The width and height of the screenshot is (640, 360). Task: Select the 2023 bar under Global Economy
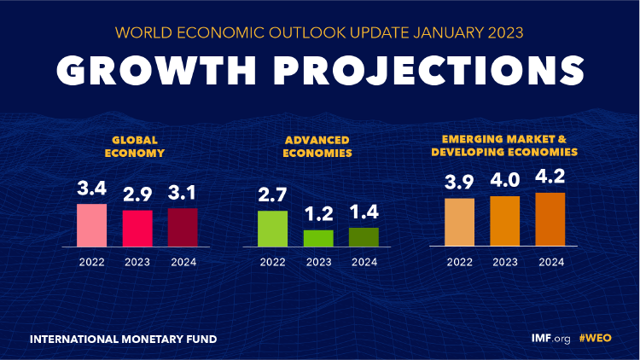pyautogui.click(x=137, y=228)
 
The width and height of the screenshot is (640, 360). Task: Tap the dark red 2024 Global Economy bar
pyautogui.click(x=182, y=227)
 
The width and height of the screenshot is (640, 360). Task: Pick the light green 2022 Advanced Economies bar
pyautogui.click(x=273, y=229)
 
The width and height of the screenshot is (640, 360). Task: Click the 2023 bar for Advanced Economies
pyautogui.click(x=318, y=238)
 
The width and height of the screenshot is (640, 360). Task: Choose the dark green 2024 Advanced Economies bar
pyautogui.click(x=364, y=237)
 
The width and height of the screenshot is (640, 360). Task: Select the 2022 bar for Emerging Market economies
pyautogui.click(x=459, y=223)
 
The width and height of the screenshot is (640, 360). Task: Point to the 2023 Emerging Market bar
pyautogui.click(x=504, y=222)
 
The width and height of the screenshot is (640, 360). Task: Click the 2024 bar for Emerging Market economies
pyautogui.click(x=550, y=220)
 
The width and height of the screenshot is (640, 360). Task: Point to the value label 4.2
pyautogui.click(x=550, y=178)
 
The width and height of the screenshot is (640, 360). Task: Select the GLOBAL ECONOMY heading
pyautogui.click(x=137, y=148)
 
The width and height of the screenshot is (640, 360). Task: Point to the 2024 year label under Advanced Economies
pyautogui.click(x=364, y=261)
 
